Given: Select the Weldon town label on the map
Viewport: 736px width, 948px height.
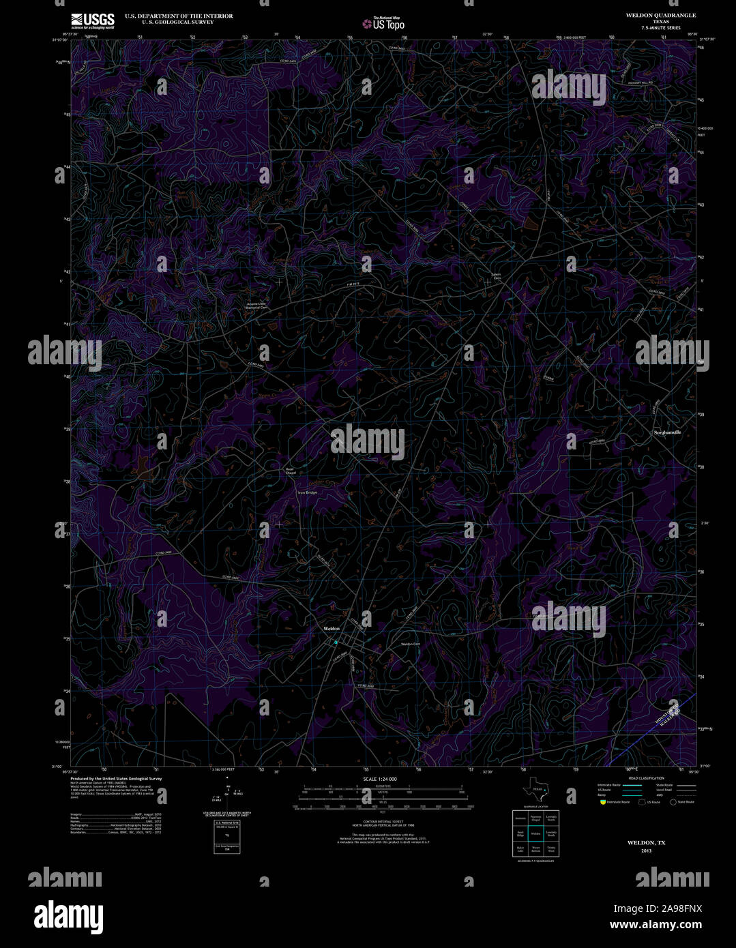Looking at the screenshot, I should point(331,628).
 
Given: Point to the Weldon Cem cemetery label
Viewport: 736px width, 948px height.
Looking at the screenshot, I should point(410,644).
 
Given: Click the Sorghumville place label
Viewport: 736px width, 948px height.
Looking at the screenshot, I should point(667,432).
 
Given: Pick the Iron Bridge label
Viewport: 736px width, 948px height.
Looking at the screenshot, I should point(307,492).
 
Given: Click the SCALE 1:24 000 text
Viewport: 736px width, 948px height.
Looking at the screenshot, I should point(379,779).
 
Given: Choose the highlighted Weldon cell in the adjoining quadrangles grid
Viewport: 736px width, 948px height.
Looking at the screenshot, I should point(535,833).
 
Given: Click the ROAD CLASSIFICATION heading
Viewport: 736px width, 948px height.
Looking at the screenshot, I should point(645,778).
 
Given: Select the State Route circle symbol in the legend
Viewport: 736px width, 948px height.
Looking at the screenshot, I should point(673,802).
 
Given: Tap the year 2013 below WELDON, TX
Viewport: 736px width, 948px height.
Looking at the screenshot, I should point(646,850).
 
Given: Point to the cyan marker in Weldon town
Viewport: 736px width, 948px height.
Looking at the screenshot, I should point(335,642).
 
